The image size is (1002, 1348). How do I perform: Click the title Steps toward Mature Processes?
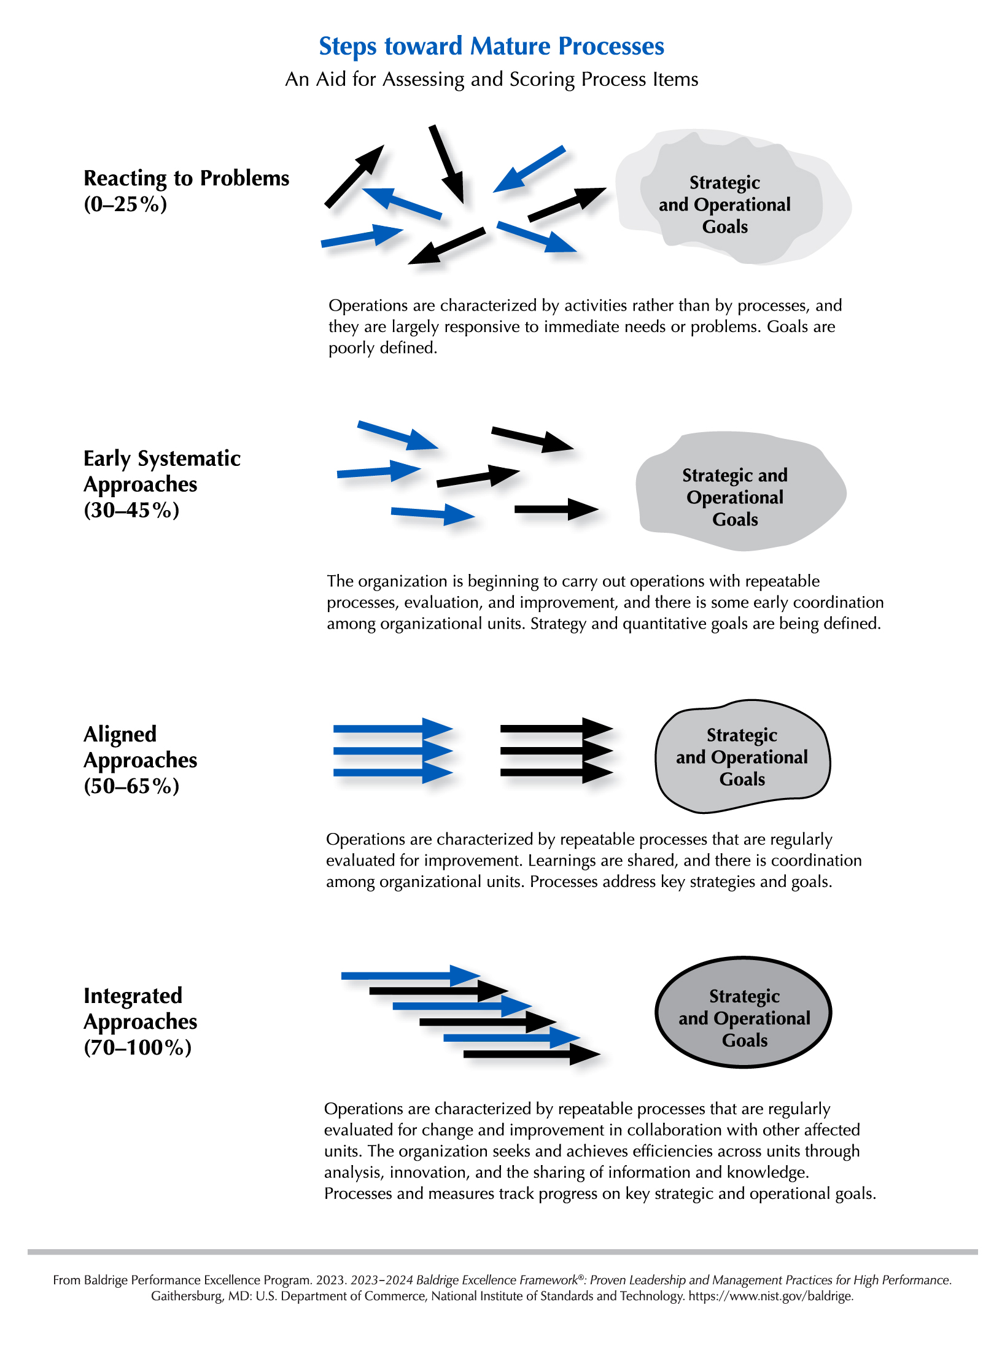pos(491,47)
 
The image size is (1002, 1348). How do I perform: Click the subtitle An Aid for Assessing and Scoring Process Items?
pos(491,80)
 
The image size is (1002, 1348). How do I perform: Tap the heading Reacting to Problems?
pos(186,178)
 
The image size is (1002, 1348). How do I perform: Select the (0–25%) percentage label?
pos(125,204)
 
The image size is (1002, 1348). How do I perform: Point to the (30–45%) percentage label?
pos(131,510)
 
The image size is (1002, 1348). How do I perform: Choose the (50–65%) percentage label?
pos(131,786)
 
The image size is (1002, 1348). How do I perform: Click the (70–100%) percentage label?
pos(138,1047)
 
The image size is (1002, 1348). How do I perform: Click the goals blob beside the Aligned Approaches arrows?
pos(742,757)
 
